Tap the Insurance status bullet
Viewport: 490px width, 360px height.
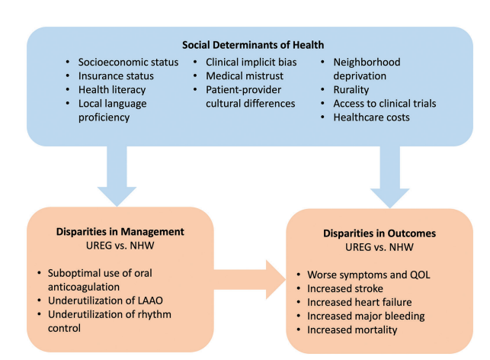click(x=116, y=76)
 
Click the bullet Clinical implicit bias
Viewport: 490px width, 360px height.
click(x=248, y=61)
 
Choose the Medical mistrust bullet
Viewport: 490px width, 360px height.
click(x=239, y=76)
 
